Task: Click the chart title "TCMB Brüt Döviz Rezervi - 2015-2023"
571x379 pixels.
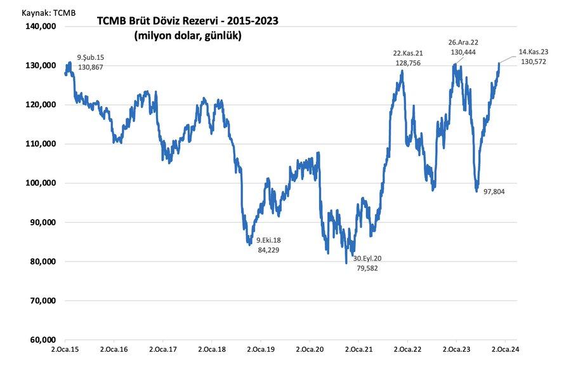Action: click(187, 22)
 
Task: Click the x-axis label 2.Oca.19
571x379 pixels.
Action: click(260, 349)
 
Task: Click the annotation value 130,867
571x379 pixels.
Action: click(91, 67)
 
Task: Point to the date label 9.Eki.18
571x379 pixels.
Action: click(268, 241)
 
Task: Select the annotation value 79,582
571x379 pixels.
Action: click(367, 268)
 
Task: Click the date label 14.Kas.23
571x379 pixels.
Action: click(533, 51)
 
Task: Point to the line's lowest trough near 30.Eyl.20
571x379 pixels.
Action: click(346, 262)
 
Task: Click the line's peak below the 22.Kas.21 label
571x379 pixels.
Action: click(402, 71)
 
